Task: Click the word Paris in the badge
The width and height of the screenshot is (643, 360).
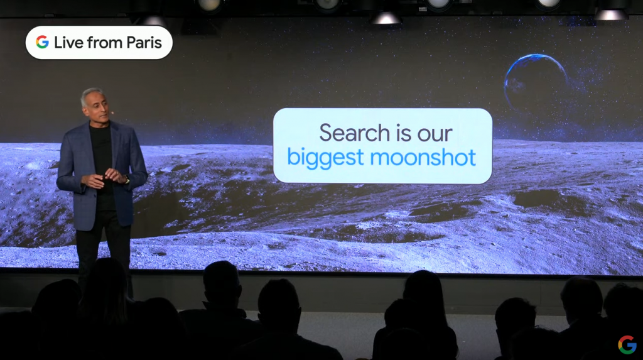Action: (x=144, y=42)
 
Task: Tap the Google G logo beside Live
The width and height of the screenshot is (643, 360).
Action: (x=42, y=42)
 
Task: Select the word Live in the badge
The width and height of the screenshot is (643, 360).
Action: (x=69, y=42)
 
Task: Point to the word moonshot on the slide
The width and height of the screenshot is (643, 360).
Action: (x=423, y=158)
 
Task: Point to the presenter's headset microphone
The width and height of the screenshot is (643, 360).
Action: (x=112, y=112)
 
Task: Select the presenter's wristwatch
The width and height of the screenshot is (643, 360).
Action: (x=127, y=180)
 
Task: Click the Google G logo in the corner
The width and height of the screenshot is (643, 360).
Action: (x=627, y=344)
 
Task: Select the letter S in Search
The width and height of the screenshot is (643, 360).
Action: (x=326, y=133)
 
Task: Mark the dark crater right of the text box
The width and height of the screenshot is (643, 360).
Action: (x=537, y=199)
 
